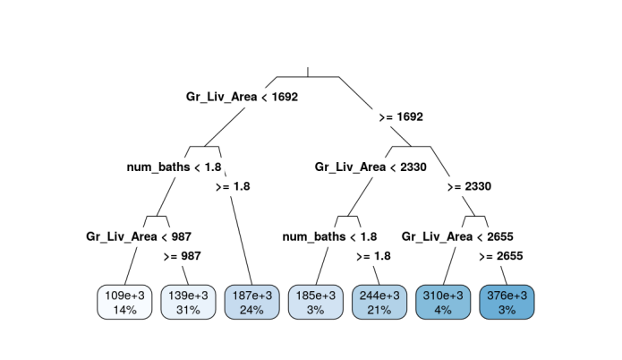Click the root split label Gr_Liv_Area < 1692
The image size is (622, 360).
pyautogui.click(x=242, y=97)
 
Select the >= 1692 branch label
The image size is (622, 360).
pyautogui.click(x=401, y=117)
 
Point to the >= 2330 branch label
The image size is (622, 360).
pyautogui.click(x=469, y=187)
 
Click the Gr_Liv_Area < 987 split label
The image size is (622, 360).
pyautogui.click(x=138, y=236)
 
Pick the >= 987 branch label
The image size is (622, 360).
pyautogui.click(x=183, y=256)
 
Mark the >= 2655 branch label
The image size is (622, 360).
pyautogui.click(x=501, y=256)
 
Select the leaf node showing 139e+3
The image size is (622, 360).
pyautogui.click(x=188, y=302)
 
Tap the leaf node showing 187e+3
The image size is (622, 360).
pyautogui.click(x=251, y=302)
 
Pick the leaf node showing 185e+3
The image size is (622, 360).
pyautogui.click(x=315, y=302)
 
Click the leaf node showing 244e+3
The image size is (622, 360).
pyautogui.click(x=379, y=302)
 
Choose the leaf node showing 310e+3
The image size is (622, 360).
pyautogui.click(x=443, y=302)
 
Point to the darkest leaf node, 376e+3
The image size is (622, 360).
pyautogui.click(x=507, y=302)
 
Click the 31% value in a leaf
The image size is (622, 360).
pyautogui.click(x=188, y=310)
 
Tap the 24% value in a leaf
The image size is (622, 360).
pyautogui.click(x=251, y=310)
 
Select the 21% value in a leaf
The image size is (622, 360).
pyautogui.click(x=379, y=310)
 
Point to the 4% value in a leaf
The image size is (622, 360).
pyautogui.click(x=443, y=310)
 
